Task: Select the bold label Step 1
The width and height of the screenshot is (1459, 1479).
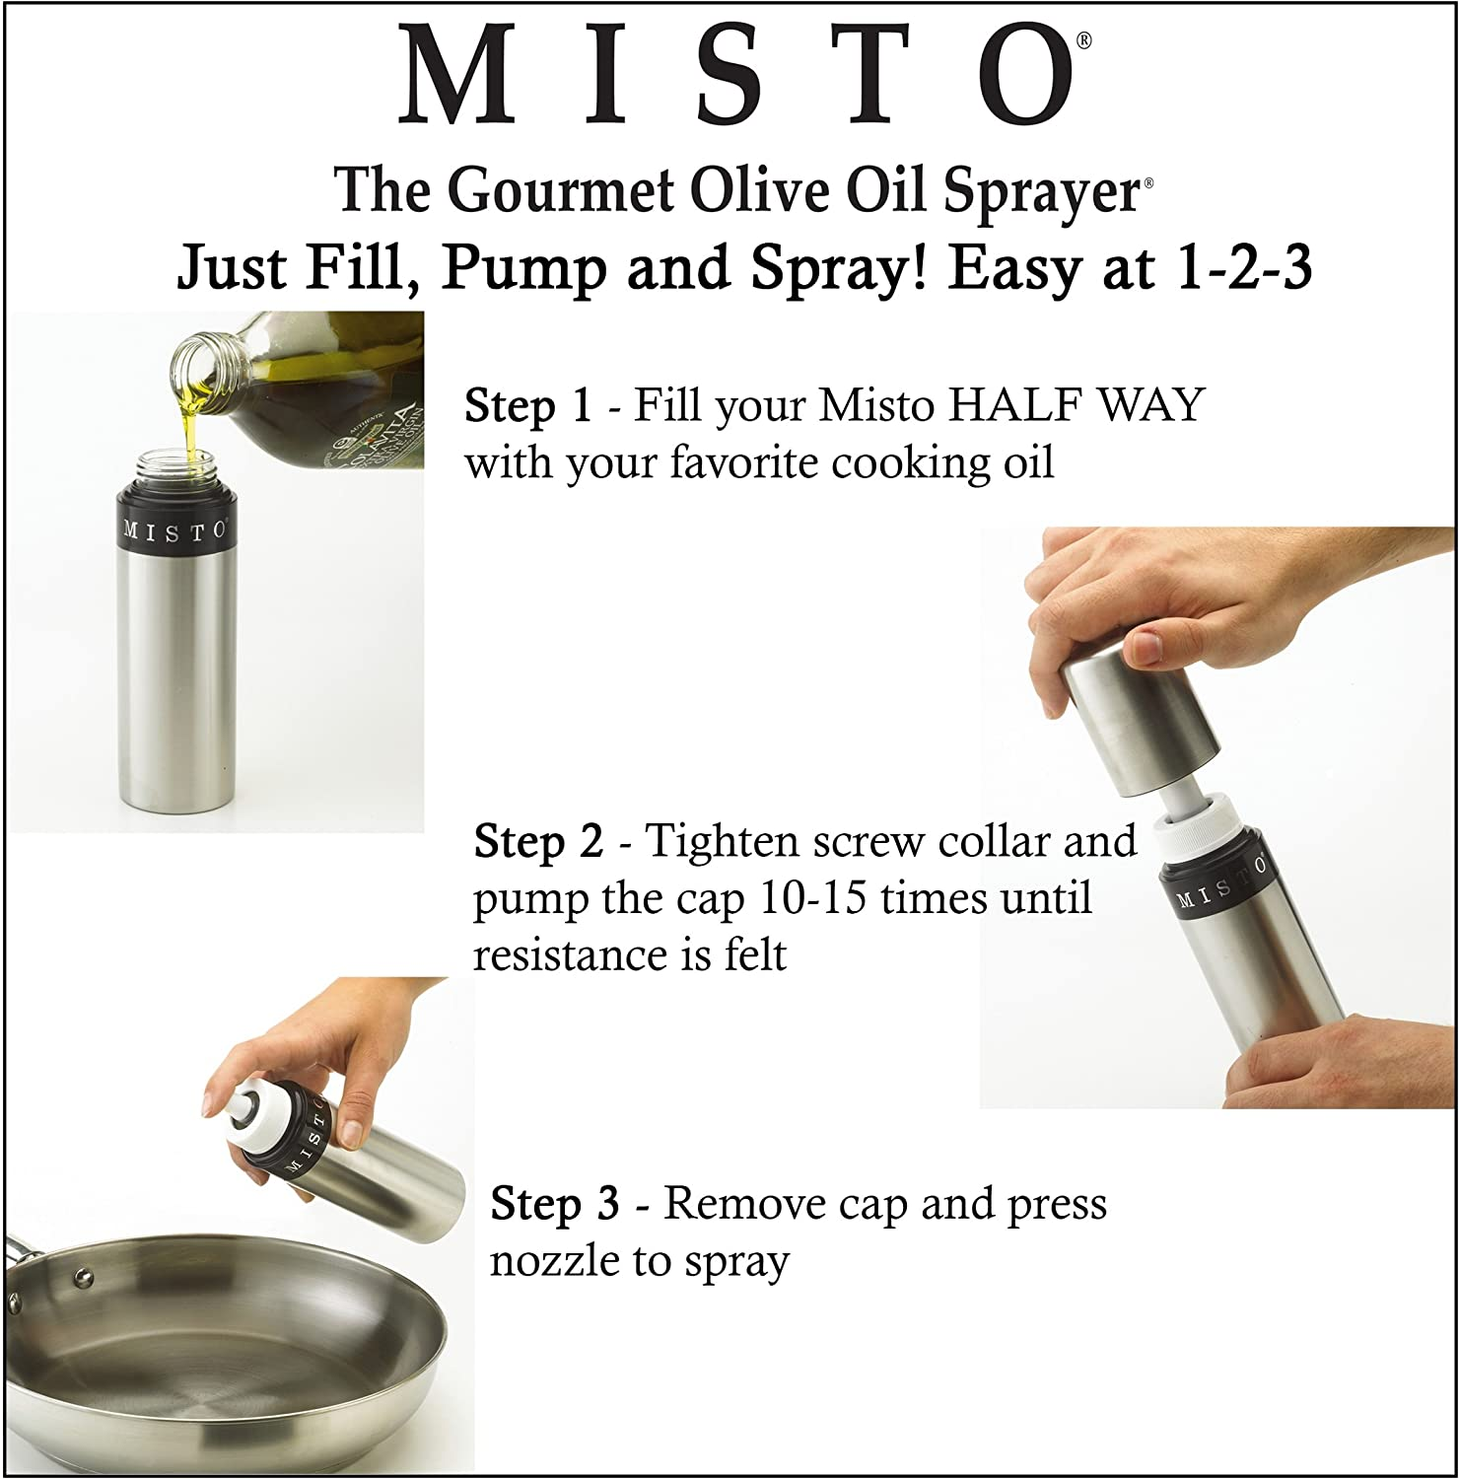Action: click(x=527, y=405)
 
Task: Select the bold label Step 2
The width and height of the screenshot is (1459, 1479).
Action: click(x=538, y=842)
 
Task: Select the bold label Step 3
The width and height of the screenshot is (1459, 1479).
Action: click(x=555, y=1204)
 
